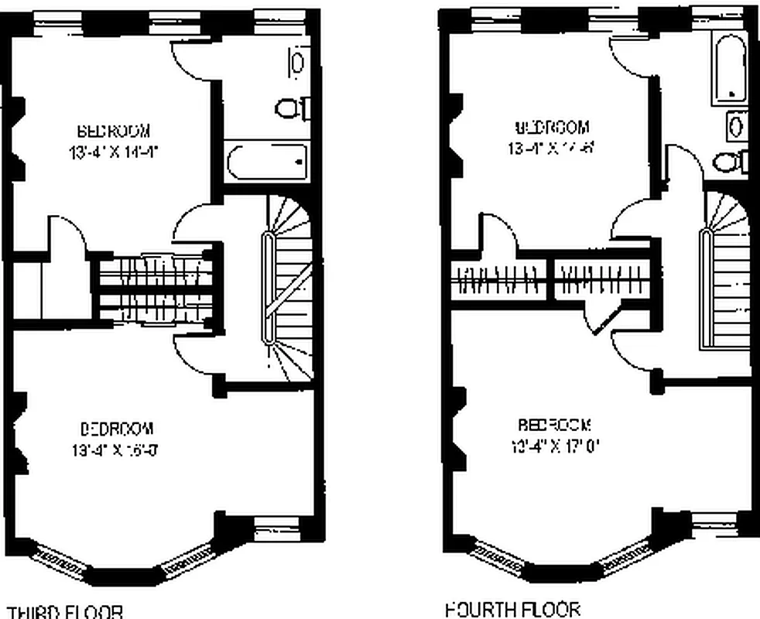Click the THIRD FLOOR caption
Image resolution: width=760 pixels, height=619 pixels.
(64, 611)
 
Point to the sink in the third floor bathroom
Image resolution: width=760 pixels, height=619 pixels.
(296, 62)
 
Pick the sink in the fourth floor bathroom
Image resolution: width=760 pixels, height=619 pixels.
(736, 124)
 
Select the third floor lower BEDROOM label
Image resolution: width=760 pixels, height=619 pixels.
(118, 428)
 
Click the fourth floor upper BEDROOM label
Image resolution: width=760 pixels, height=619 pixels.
(552, 127)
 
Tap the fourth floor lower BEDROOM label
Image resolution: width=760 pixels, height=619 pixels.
(555, 425)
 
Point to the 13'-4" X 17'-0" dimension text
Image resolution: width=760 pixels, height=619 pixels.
(555, 446)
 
